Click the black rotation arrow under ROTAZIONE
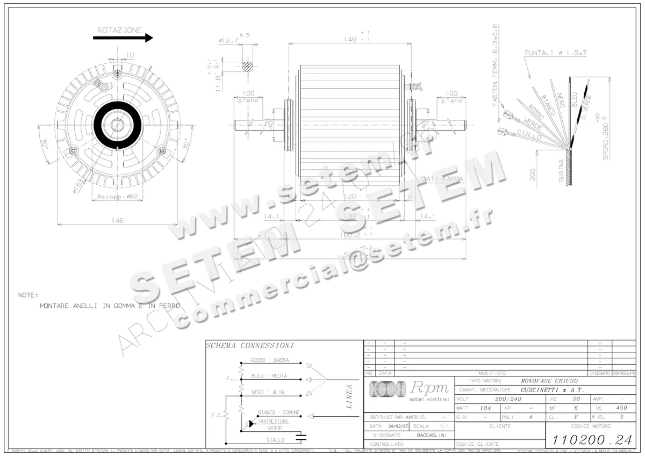pyautogui.click(x=123, y=38)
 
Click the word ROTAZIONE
pyautogui.click(x=119, y=30)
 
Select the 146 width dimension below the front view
pyautogui.click(x=117, y=220)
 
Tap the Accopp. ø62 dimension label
pyautogui.click(x=117, y=197)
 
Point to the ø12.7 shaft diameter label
pyautogui.click(x=228, y=40)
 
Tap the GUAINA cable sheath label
pyautogui.click(x=561, y=171)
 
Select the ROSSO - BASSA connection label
pyautogui.click(x=269, y=360)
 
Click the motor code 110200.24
pyautogui.click(x=591, y=439)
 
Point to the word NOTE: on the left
pyautogui.click(x=28, y=295)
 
